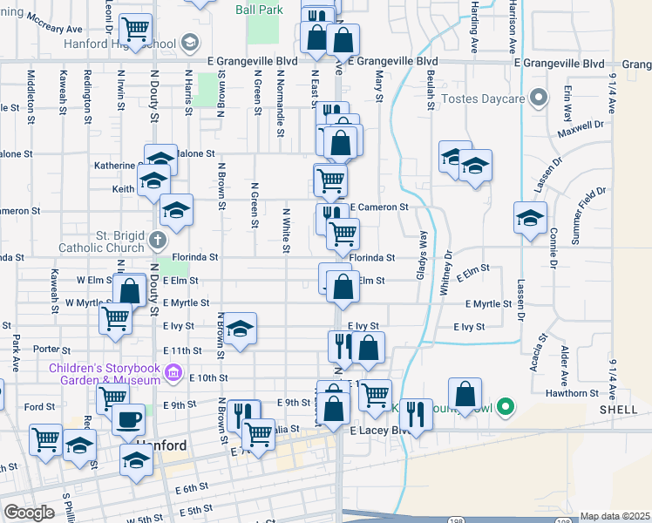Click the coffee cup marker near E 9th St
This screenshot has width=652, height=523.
pos(130,420)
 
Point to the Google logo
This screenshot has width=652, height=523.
pos(29,513)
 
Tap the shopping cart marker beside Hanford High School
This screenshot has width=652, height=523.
pos(135,31)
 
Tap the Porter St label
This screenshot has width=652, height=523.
pos(44,349)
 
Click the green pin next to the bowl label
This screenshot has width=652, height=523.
pos(504,407)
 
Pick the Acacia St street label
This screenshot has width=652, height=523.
pos(540,350)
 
